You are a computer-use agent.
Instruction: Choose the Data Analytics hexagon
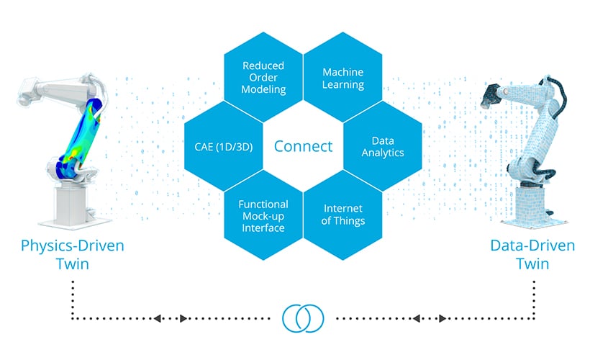pos(382,147)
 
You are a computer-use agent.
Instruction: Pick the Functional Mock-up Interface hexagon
pos(263,215)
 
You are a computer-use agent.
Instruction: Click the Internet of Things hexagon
pos(342,215)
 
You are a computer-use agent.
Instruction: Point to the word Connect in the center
pos(303,147)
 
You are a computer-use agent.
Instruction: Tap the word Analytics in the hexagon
pos(382,153)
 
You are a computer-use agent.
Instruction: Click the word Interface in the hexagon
pos(263,228)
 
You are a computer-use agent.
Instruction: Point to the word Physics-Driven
pos(72,246)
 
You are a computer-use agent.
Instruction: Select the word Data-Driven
pos(532,246)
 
